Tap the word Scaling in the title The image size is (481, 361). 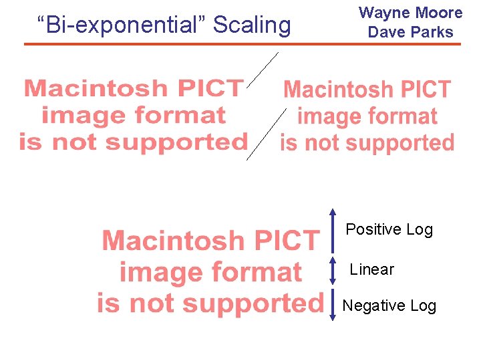tap(252, 25)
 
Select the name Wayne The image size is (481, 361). tap(383, 13)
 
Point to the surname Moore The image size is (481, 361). tap(438, 13)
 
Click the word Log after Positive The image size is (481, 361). tap(420, 229)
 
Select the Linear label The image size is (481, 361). tap(372, 269)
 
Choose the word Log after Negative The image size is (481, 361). tap(423, 306)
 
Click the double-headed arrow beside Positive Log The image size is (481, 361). tap(333, 231)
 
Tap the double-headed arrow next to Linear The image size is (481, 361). tap(333, 271)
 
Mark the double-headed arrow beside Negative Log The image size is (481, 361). tap(333, 306)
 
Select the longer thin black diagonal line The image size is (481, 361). tap(267, 133)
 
